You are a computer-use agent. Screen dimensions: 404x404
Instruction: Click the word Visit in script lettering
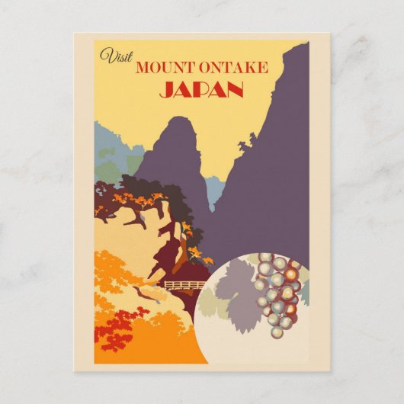tap(115, 55)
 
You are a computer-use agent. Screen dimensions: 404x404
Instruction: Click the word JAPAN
tap(201, 90)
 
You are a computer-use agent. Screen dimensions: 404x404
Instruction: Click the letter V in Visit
tap(106, 55)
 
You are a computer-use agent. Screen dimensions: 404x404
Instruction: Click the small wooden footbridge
tap(184, 286)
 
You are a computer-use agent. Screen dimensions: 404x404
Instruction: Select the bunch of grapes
tap(279, 293)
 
